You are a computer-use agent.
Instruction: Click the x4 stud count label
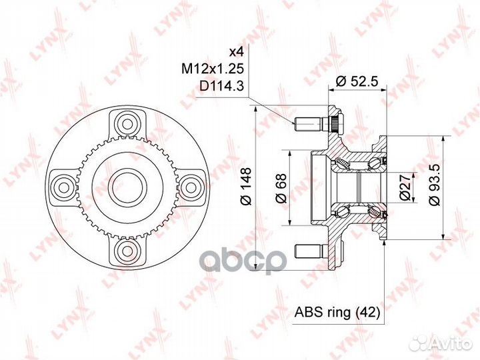click(x=237, y=53)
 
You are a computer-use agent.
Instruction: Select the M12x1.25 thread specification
click(x=213, y=69)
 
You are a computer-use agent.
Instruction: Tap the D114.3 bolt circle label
click(x=221, y=86)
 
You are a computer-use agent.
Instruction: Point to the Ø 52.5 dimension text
click(x=357, y=81)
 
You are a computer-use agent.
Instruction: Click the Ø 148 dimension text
click(x=246, y=186)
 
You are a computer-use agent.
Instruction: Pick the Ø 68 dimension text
click(x=281, y=188)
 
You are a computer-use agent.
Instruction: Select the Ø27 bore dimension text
click(x=405, y=187)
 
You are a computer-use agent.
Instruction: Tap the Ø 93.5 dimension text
click(x=434, y=185)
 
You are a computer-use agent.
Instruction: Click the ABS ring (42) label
click(x=337, y=312)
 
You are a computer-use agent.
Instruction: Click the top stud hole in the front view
click(x=127, y=124)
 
